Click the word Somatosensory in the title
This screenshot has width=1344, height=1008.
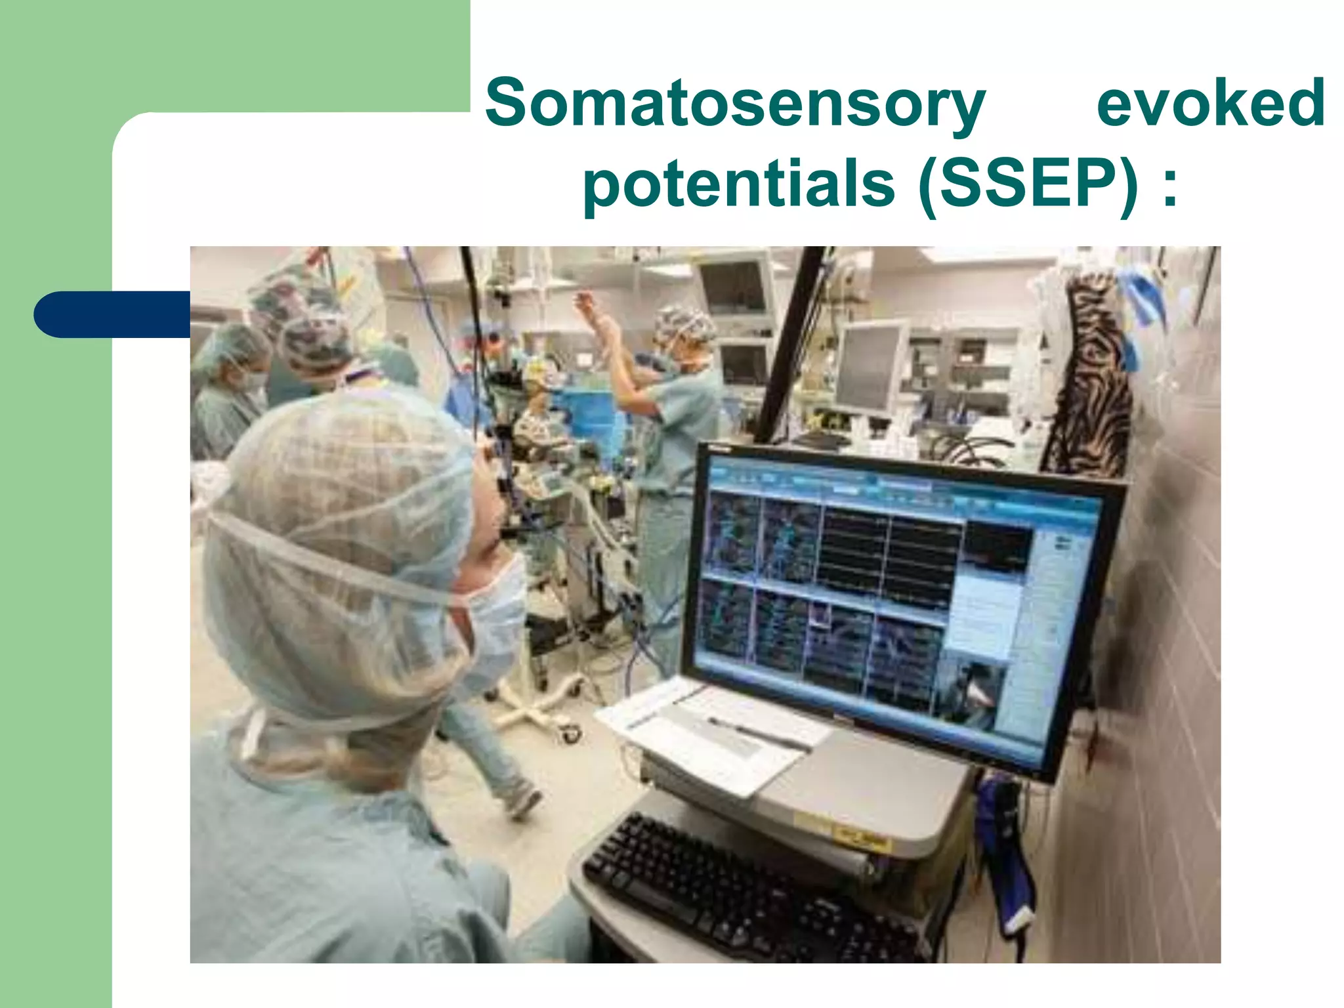735,104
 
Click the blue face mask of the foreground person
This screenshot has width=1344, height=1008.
492,630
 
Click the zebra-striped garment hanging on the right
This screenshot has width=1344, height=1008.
1089,381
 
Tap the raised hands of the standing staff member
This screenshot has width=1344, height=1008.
594,315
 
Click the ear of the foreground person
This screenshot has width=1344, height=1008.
489,453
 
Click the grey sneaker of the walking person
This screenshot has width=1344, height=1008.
522,801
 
